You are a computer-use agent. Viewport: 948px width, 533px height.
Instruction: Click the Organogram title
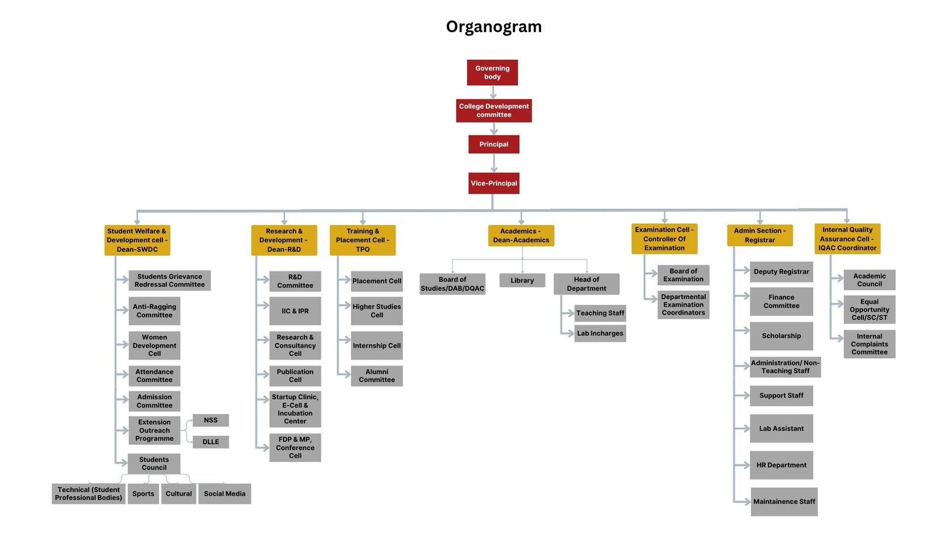coord(494,27)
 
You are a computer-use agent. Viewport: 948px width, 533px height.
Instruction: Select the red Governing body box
coord(492,72)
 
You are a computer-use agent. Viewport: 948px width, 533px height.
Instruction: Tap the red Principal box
coord(494,144)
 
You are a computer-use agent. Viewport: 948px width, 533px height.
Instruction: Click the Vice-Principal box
coord(494,183)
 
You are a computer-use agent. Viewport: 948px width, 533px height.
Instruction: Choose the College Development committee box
coord(494,110)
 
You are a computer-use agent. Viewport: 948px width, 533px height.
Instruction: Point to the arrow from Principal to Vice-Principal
coord(494,163)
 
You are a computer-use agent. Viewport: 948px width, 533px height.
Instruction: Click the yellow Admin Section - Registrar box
coord(760,235)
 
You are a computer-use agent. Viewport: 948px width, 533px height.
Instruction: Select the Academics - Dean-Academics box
coord(521,235)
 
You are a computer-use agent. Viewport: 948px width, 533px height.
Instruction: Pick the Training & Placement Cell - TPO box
coord(363,240)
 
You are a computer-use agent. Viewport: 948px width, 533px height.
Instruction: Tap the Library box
coord(522,280)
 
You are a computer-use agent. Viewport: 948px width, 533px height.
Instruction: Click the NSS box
coord(210,420)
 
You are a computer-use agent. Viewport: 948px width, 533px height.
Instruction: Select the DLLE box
coord(210,442)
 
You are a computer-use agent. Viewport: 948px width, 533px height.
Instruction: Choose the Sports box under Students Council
coord(143,493)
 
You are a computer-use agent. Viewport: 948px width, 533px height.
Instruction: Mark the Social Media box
coord(225,493)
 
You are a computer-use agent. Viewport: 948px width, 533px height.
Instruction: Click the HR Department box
coord(781,465)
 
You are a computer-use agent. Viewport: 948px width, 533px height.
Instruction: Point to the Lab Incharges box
coord(600,333)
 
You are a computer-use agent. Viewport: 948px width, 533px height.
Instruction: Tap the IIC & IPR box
coord(295,311)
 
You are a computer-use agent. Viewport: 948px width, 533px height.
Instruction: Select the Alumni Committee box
coord(377,375)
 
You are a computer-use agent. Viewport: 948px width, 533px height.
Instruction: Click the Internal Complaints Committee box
coord(869,344)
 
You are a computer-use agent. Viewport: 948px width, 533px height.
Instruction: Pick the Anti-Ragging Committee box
coord(154,311)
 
